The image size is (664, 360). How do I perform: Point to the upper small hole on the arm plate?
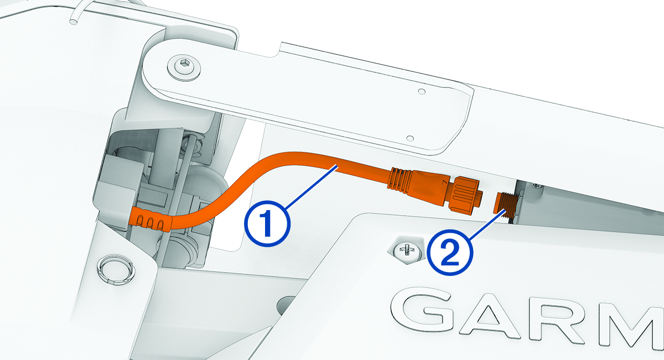[x=422, y=90]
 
